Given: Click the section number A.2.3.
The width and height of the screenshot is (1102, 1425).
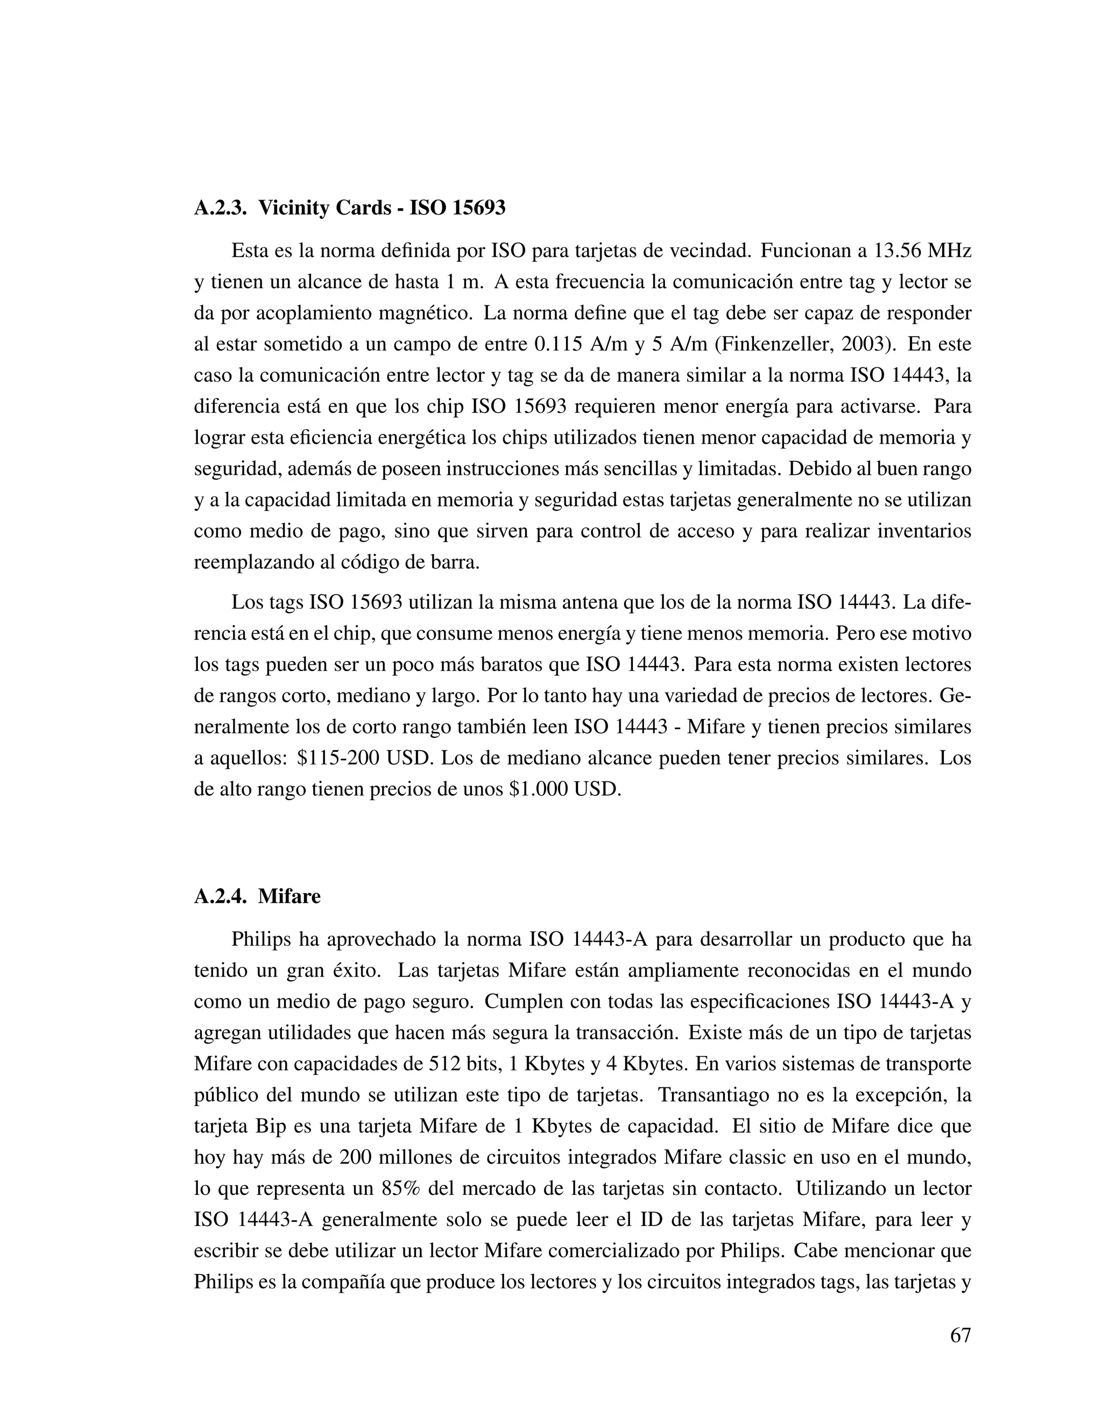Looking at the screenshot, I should pyautogui.click(x=220, y=208).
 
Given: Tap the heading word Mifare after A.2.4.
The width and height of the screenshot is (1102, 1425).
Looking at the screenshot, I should pyautogui.click(x=289, y=896).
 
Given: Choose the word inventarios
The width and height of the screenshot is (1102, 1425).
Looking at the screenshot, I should pyautogui.click(x=923, y=532).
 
